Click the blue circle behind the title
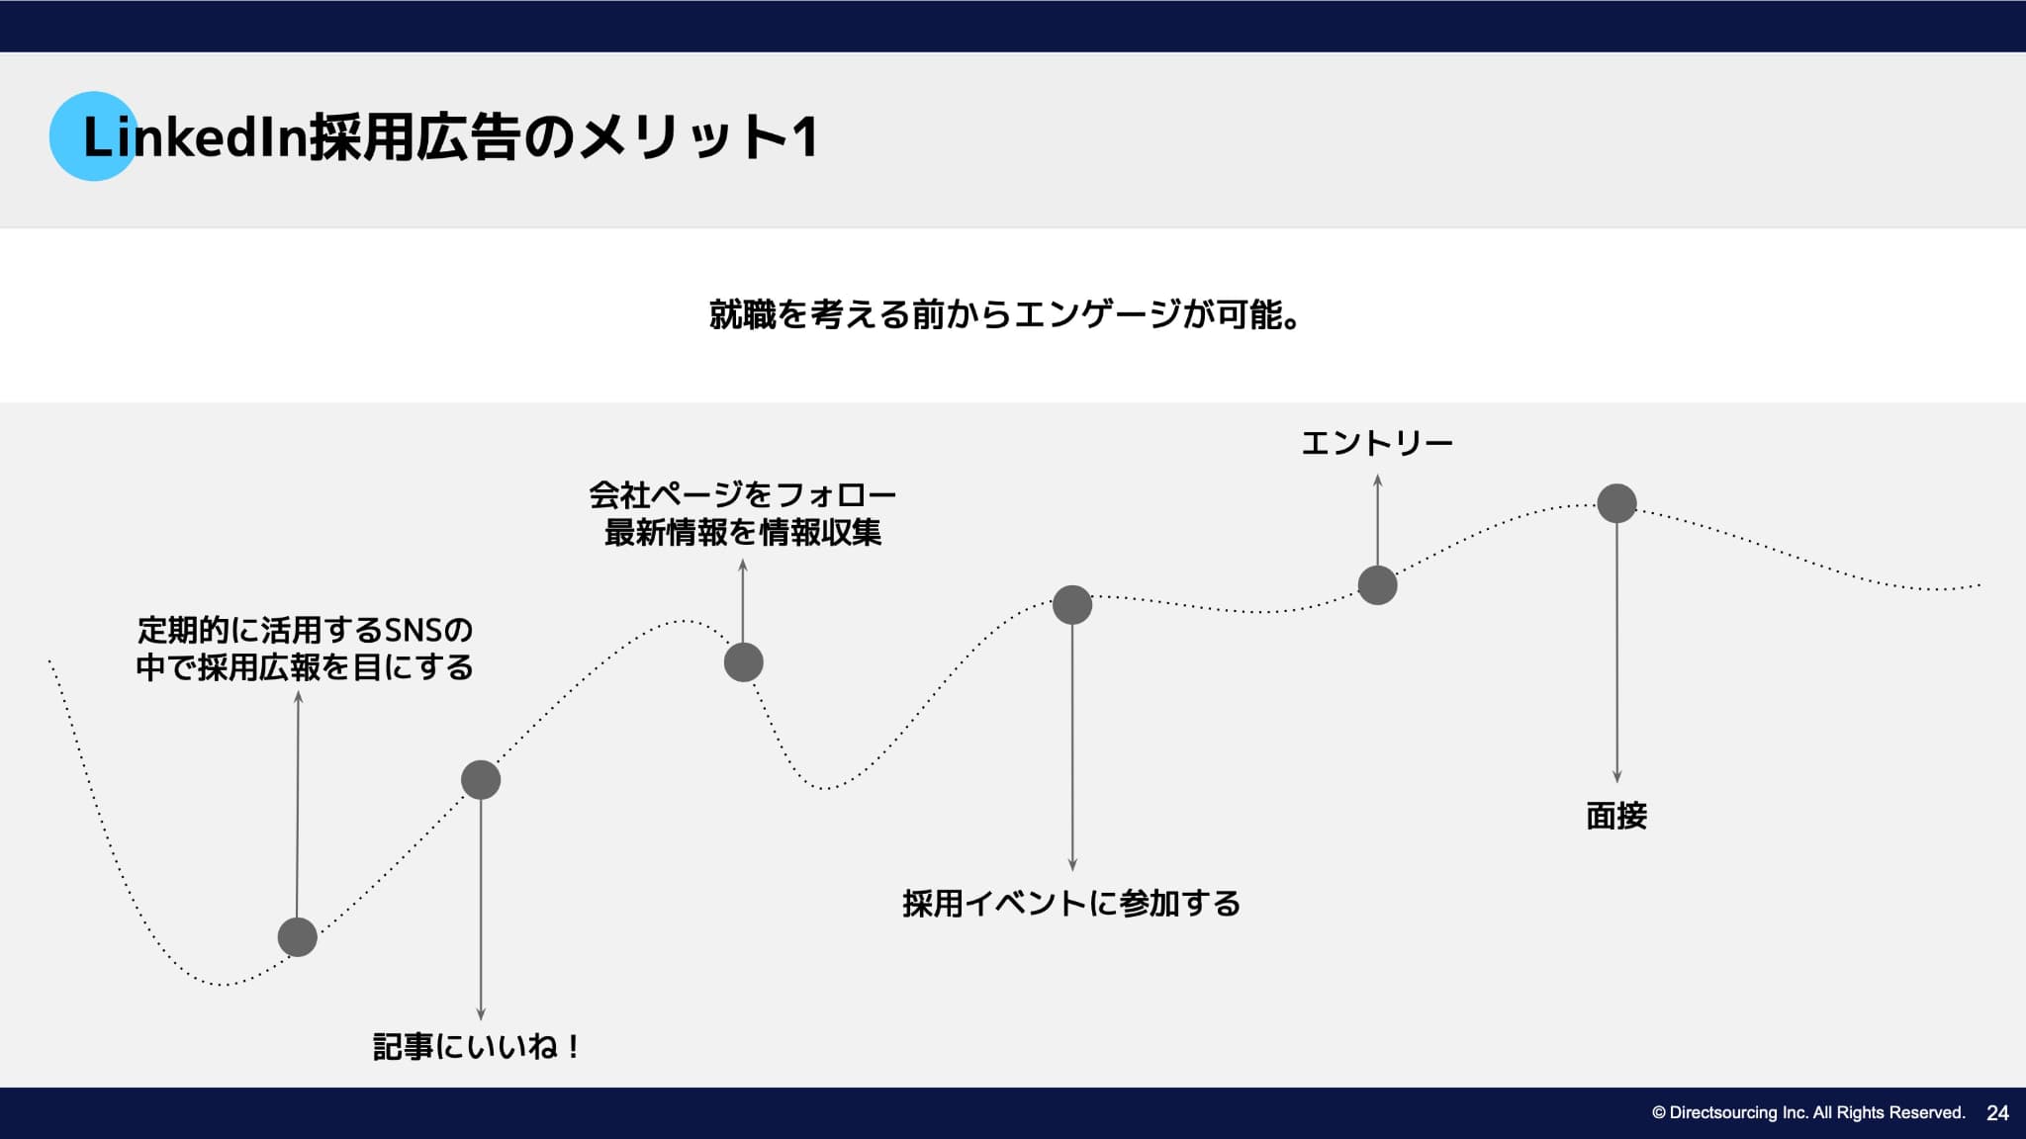click(x=94, y=135)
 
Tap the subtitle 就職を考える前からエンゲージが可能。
click(x=1005, y=314)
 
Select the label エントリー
click(x=1376, y=442)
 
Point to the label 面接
click(x=1616, y=816)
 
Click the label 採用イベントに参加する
click(x=1071, y=903)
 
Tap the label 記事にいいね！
click(x=478, y=1046)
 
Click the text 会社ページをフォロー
click(x=743, y=493)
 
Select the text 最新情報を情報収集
click(x=743, y=533)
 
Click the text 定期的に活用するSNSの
click(x=305, y=629)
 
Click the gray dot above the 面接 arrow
click(x=1616, y=503)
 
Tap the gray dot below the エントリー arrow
click(x=1377, y=585)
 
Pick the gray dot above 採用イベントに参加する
click(x=1072, y=605)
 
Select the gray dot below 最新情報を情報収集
click(x=743, y=662)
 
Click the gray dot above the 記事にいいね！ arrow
click(x=481, y=780)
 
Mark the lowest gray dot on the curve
click(x=298, y=937)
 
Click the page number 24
click(x=1997, y=1113)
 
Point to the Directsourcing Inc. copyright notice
click(x=1808, y=1113)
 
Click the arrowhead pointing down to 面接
click(x=1616, y=777)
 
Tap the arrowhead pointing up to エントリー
click(x=1377, y=481)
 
